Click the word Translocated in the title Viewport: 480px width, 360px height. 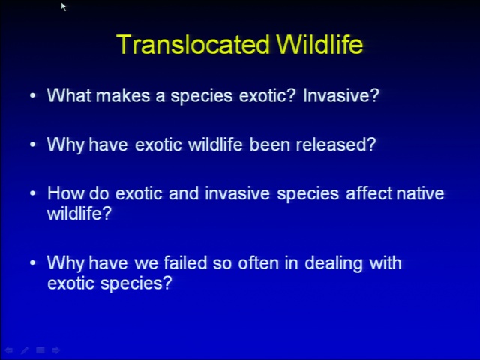coord(193,44)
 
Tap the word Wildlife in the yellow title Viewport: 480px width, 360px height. coord(319,44)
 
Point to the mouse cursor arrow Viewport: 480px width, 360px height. coord(63,7)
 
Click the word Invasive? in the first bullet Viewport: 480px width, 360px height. coord(341,95)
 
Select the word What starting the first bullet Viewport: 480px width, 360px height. coord(69,95)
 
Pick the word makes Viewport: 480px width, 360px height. coord(123,95)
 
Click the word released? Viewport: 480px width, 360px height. coord(336,144)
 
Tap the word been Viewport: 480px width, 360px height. coord(270,144)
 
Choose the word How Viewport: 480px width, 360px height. coord(65,193)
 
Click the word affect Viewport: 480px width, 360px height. coord(370,193)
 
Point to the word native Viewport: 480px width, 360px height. coord(420,193)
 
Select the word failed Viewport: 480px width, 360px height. coord(185,263)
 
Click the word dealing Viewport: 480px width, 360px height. coord(334,264)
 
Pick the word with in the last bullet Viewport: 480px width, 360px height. coord(385,263)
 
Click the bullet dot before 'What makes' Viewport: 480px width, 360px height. coord(33,95)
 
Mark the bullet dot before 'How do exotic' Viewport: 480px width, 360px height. coord(33,193)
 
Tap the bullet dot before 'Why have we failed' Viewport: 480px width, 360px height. coord(33,263)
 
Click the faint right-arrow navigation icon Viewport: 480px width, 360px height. coord(55,350)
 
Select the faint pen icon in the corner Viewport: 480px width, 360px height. coord(25,350)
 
